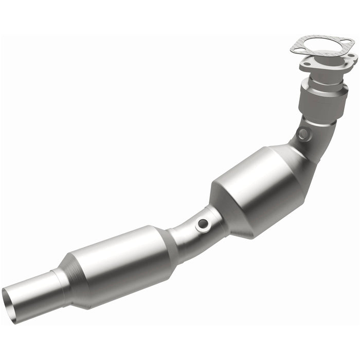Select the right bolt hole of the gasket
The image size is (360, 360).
click(350, 44)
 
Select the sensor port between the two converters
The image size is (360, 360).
click(204, 224)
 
